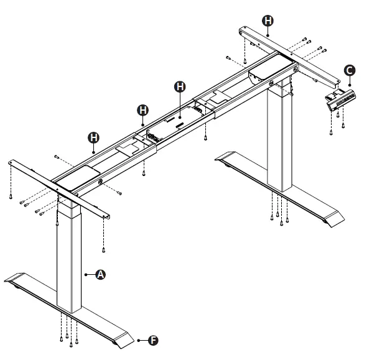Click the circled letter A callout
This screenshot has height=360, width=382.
[x=100, y=274]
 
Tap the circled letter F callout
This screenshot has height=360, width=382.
[x=153, y=340]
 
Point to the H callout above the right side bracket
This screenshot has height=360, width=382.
[x=268, y=21]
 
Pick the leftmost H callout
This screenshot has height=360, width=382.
[x=93, y=136]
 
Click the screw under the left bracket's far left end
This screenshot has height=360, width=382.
[x=12, y=196]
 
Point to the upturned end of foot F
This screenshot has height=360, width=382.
[x=125, y=341]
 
